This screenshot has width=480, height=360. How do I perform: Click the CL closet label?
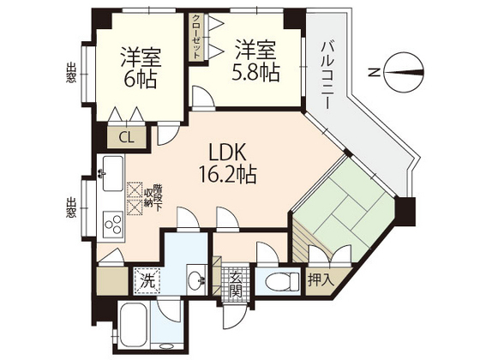pyautogui.click(x=126, y=135)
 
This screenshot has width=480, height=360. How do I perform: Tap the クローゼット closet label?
pyautogui.click(x=197, y=35)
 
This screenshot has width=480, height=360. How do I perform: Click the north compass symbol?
pyautogui.click(x=403, y=72)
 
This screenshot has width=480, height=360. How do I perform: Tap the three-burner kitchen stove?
pyautogui.click(x=112, y=225)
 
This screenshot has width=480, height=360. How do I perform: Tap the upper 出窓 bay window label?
pyautogui.click(x=70, y=75)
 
